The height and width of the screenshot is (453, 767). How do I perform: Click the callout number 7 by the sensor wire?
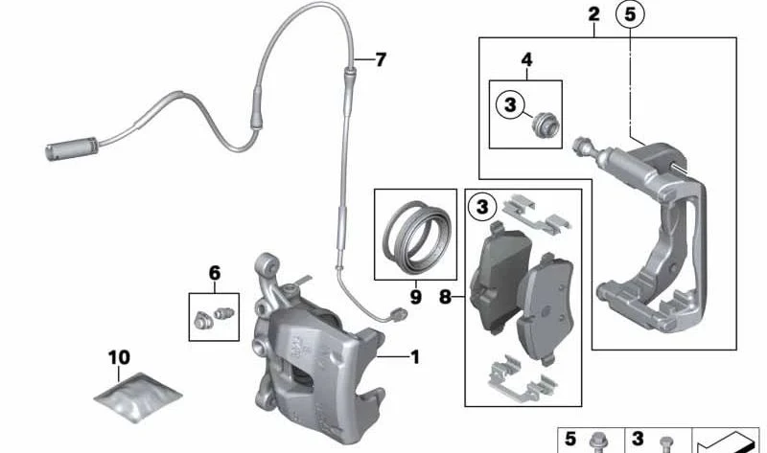[381, 59]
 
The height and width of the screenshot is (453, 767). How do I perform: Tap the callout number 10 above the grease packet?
[119, 357]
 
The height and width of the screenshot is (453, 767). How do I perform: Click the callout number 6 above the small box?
[214, 273]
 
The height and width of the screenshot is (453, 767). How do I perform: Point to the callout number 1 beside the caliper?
[415, 357]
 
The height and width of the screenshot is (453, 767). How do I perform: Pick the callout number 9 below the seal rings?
[415, 297]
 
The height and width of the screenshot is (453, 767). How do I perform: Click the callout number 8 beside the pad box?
[445, 296]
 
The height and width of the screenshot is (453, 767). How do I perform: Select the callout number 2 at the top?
[593, 14]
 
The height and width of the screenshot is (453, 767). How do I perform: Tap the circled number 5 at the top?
[630, 14]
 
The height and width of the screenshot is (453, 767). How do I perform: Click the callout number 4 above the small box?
[526, 59]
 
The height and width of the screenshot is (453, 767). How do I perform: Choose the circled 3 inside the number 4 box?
[510, 104]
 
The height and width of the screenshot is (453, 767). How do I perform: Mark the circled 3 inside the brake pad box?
[482, 207]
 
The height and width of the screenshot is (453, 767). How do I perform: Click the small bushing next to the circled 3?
[545, 125]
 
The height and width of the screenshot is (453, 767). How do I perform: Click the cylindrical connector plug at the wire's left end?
[71, 148]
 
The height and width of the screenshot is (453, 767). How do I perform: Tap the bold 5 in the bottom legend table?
[569, 439]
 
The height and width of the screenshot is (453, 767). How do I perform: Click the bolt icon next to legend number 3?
[664, 443]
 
